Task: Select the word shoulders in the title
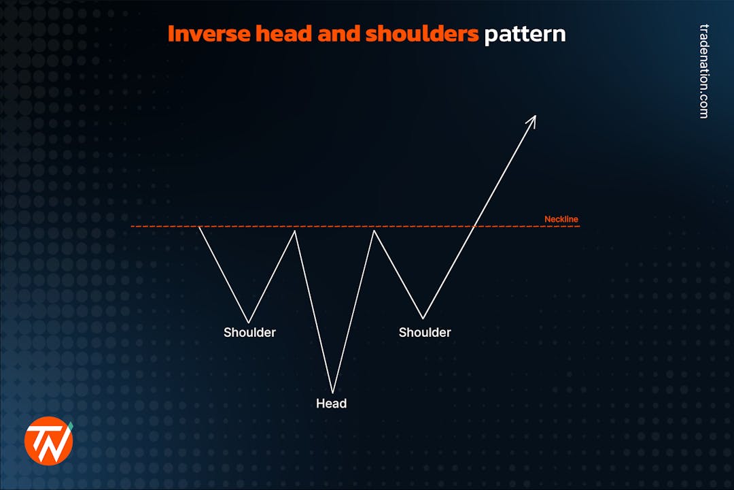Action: [422, 34]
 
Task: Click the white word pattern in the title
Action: [525, 34]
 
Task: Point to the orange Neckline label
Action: [561, 219]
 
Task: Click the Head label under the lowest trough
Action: [331, 404]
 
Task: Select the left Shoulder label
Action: [249, 333]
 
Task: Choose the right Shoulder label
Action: [425, 333]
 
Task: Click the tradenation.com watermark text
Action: [704, 71]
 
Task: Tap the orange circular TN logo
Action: [48, 440]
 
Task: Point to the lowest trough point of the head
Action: [332, 393]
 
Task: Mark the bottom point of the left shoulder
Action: [249, 323]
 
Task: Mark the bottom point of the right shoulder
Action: [423, 318]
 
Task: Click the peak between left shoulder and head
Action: [295, 231]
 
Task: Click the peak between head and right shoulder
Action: [373, 230]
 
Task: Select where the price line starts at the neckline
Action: [199, 227]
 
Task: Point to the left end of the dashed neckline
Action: [132, 226]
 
